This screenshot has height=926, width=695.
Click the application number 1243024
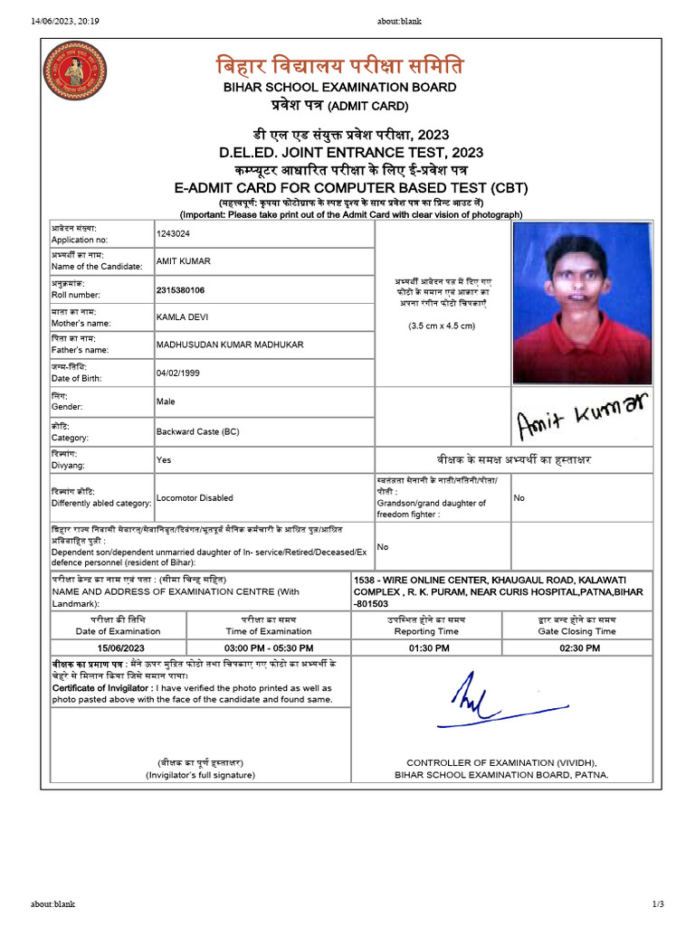(173, 233)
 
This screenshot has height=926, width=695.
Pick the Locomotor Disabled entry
(195, 497)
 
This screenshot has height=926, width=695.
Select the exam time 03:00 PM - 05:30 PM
(269, 647)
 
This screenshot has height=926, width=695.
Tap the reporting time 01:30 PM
(429, 647)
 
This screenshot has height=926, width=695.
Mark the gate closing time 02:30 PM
(580, 647)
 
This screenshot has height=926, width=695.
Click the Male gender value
(166, 401)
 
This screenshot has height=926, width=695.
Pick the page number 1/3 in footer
(658, 904)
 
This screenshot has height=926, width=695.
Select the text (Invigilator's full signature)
(200, 775)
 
